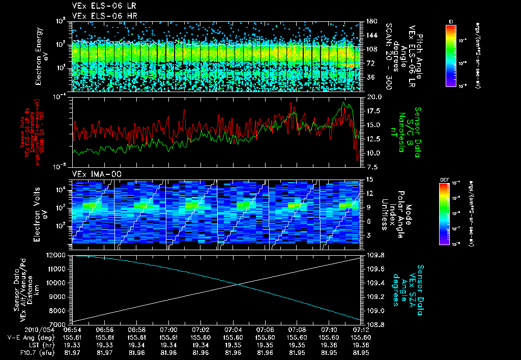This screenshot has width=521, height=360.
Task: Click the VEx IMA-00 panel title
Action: click(x=92, y=174)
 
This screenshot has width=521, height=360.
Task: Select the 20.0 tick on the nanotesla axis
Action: click(x=374, y=97)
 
